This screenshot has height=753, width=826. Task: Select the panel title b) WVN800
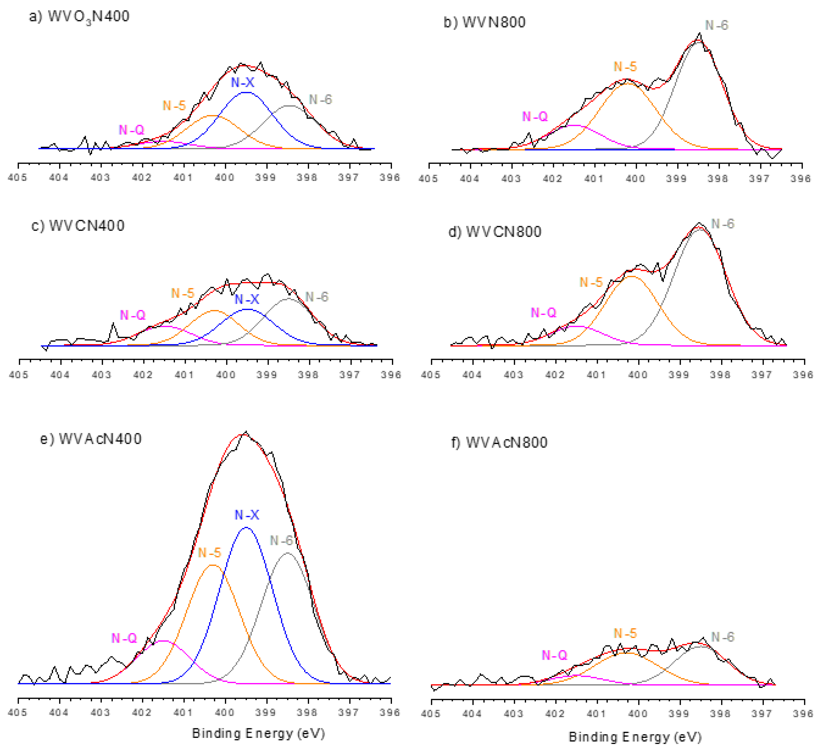pos(485,22)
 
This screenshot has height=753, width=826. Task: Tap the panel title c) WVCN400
pos(78,226)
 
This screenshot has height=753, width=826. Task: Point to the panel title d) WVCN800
pos(495,232)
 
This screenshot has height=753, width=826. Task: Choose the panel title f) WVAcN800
pos(499,443)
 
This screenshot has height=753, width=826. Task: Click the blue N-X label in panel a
pos(243,82)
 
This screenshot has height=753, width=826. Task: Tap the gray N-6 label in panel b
pos(716,25)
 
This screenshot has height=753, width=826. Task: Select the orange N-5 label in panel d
pos(591,282)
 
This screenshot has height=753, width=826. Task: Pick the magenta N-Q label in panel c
pos(132,315)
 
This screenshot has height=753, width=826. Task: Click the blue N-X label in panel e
pos(247,515)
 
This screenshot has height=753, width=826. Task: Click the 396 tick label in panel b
pos(801,179)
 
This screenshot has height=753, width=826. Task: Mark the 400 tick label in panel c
pos(226,375)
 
